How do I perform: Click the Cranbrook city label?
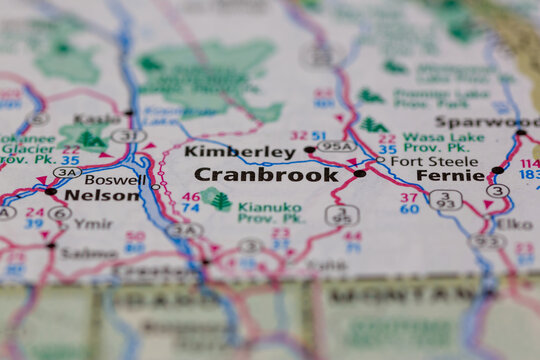click(x=266, y=174)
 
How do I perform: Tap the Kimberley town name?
click(x=239, y=152)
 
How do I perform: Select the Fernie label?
click(x=450, y=174)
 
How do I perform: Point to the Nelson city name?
click(x=102, y=195)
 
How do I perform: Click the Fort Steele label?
click(x=420, y=160)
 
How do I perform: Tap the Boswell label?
click(x=115, y=180)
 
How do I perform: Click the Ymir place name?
click(x=93, y=223)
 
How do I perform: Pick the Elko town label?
click(x=514, y=224)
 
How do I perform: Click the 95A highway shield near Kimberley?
click(x=336, y=145)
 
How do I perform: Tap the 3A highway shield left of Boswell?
click(x=67, y=172)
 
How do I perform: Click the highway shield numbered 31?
click(x=128, y=135)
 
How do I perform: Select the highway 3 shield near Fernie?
click(x=497, y=190)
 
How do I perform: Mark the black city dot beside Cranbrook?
click(x=360, y=173)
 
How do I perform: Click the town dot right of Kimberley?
click(x=310, y=150)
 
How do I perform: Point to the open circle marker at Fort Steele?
click(x=380, y=159)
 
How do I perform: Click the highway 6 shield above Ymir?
click(x=60, y=213)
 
